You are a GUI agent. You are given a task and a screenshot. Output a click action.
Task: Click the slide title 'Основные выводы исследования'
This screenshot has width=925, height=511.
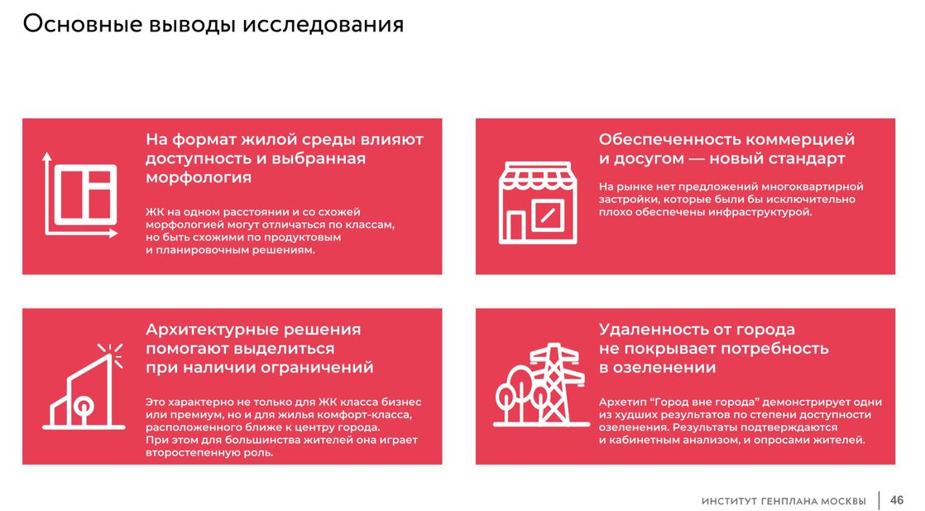213,24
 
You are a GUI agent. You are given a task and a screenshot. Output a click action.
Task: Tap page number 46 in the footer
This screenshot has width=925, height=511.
897,499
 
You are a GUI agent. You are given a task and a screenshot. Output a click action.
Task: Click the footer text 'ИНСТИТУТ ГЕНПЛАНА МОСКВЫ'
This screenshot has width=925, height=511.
784,501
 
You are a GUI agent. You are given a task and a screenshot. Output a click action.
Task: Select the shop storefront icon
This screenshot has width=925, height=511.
538,203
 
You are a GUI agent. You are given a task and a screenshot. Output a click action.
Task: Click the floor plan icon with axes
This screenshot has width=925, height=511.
79,195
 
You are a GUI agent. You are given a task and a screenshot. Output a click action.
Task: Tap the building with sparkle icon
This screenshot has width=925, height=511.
84,386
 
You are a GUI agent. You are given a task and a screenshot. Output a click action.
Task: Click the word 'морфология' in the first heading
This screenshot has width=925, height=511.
199,177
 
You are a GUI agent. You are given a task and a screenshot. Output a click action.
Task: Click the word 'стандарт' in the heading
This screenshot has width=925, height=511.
807,158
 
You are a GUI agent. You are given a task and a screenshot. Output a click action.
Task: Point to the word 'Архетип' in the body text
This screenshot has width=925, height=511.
620,403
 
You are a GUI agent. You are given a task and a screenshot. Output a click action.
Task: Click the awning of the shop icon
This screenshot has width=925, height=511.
538,176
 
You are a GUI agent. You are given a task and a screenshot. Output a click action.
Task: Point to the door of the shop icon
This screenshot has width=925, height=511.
516,227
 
